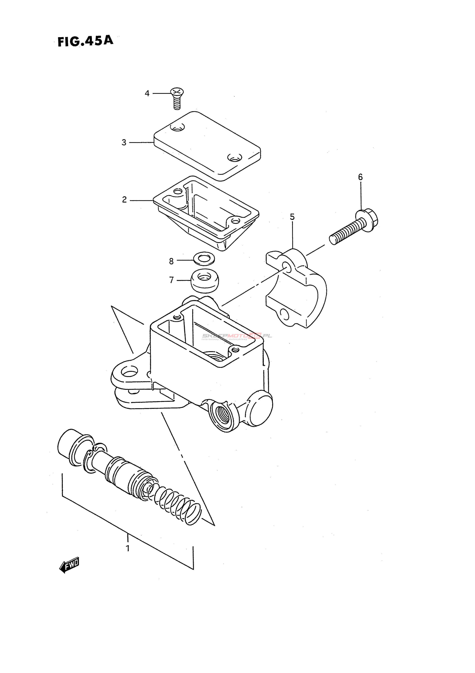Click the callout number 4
point(147,93)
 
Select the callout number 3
point(124,143)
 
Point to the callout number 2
point(125,200)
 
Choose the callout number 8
point(172,261)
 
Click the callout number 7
point(172,280)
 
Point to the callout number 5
point(292,217)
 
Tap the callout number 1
point(127,548)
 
